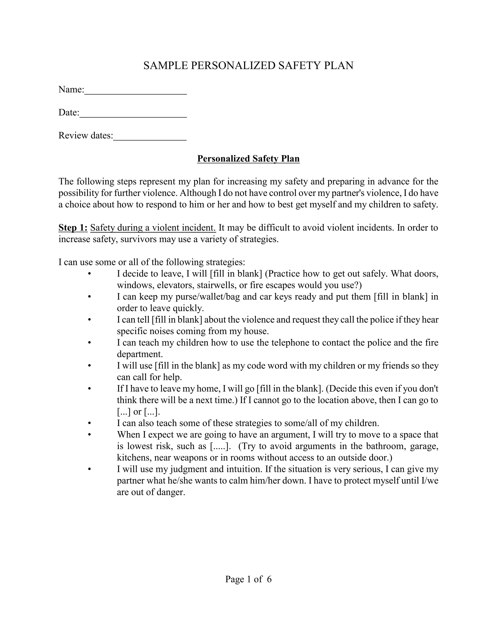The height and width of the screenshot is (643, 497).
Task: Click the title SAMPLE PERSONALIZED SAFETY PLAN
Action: [248, 65]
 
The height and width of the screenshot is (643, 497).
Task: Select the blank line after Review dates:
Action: [150, 139]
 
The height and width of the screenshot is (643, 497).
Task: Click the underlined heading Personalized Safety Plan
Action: [248, 159]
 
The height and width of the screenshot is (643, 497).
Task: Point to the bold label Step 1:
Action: [73, 228]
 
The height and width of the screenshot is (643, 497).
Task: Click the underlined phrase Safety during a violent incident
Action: [153, 228]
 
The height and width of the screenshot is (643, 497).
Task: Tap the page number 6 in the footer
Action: [269, 579]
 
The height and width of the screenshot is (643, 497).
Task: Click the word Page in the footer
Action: [235, 579]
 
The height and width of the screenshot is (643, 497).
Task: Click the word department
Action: [140, 354]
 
